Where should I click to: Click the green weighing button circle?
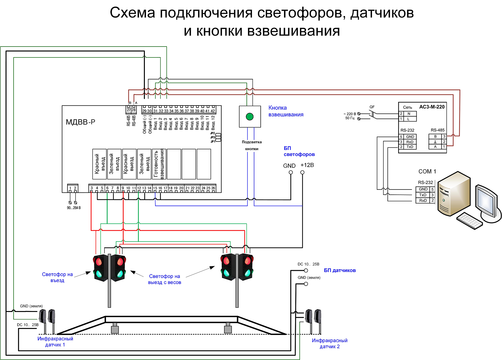coord(249,117)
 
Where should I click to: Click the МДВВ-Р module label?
coord(80,122)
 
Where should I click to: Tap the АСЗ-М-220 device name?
coord(432,107)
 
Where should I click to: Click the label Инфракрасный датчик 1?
coord(55,342)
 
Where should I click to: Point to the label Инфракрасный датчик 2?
coord(330,343)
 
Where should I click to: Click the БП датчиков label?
coord(340,270)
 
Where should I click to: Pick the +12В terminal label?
coord(307,165)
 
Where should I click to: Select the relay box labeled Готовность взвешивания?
coord(159,164)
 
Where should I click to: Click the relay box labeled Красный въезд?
coord(99,164)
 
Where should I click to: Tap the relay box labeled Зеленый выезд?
coord(144,164)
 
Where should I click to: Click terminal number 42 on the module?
coord(213,111)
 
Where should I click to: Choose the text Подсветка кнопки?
coord(252,145)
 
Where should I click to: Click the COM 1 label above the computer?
coord(427,171)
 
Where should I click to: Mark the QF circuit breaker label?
coord(372,107)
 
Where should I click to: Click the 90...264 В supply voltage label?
coord(74,208)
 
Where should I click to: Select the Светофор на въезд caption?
coord(57,277)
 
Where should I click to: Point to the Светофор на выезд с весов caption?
coord(165,279)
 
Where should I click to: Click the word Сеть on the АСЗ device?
coord(407,107)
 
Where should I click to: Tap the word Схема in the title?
coord(132,13)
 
